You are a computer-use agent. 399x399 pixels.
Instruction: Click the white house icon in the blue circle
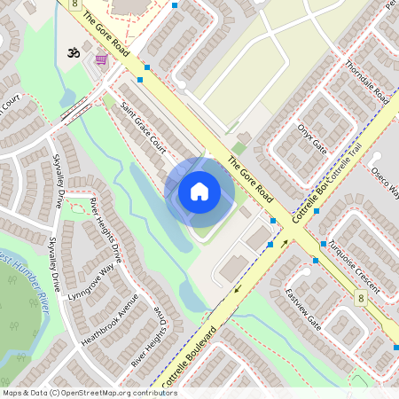tap(199, 191)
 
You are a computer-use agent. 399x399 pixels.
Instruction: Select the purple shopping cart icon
tap(101, 59)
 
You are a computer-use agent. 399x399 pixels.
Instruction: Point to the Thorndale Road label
tap(366, 84)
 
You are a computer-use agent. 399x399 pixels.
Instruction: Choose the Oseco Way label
tap(385, 181)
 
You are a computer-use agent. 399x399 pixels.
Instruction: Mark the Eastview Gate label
tap(303, 307)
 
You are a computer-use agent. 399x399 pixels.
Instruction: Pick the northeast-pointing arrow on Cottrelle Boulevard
tap(285, 241)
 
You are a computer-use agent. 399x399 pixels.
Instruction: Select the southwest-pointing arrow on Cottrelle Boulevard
tap(238, 288)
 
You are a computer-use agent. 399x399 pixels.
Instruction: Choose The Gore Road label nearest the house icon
tap(250, 177)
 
